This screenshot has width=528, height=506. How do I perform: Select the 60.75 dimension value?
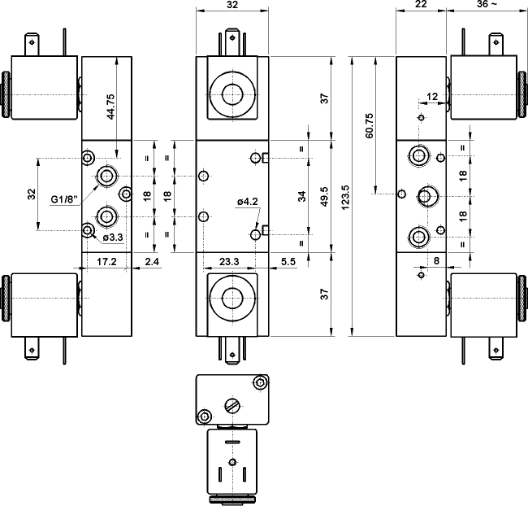click(x=370, y=123)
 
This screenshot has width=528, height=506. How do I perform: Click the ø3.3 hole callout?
click(x=112, y=237)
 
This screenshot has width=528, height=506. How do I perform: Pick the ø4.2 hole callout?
click(x=247, y=202)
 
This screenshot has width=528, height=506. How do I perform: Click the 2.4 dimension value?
click(x=151, y=261)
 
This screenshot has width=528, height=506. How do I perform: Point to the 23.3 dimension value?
click(x=229, y=262)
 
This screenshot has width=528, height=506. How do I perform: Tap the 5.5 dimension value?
click(x=287, y=262)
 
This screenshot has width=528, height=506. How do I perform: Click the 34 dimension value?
click(x=301, y=195)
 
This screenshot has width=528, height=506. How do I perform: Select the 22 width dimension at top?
click(x=420, y=5)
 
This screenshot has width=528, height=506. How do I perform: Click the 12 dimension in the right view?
click(x=431, y=97)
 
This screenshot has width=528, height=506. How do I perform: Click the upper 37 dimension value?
click(x=323, y=98)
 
